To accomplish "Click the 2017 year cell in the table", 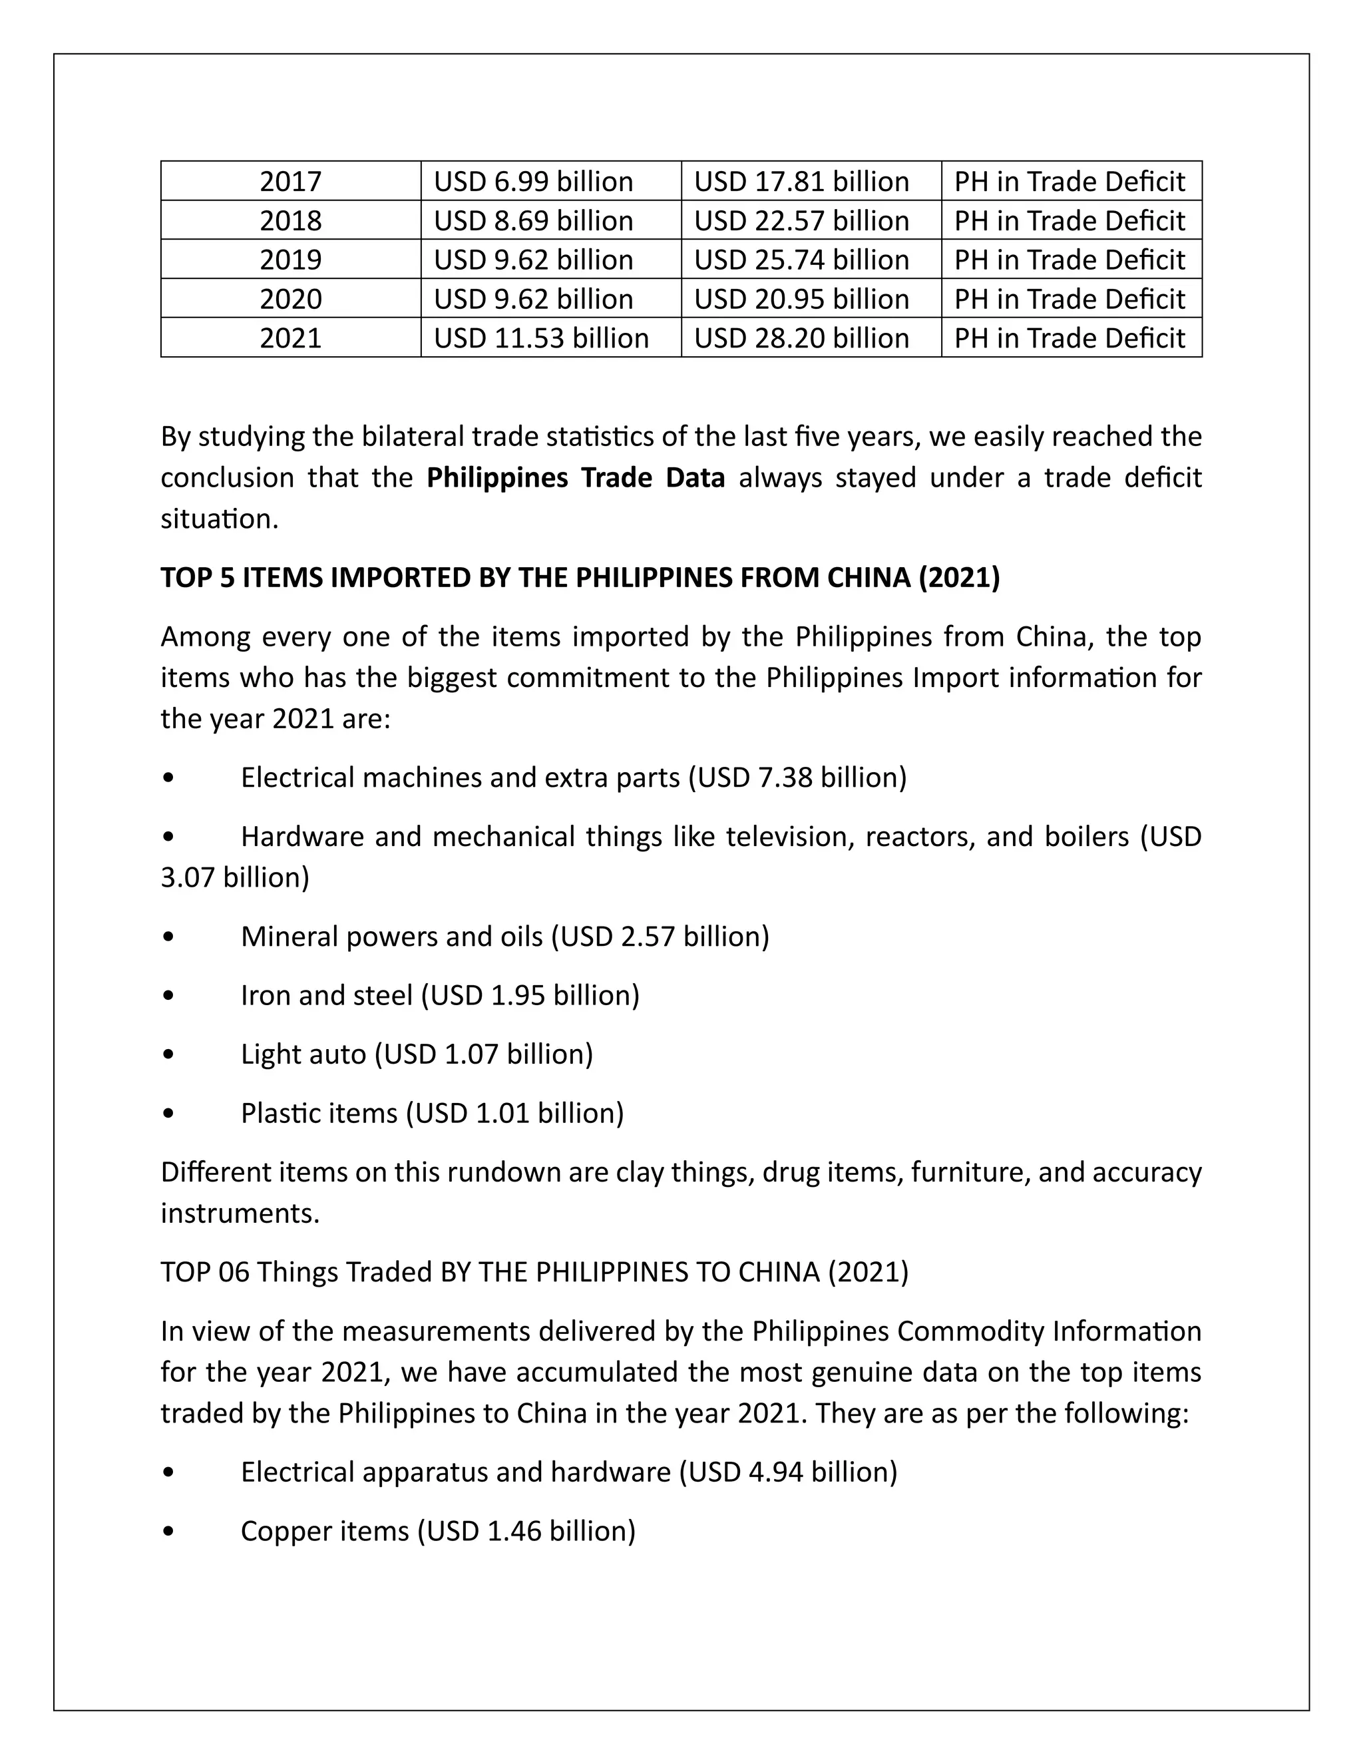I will [x=290, y=181].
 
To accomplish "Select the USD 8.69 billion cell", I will [x=533, y=220].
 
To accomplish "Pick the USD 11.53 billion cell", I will [x=541, y=337].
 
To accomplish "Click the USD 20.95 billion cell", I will [x=801, y=299].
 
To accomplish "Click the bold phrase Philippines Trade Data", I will [x=575, y=477].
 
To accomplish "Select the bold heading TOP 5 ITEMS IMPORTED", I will [x=580, y=578].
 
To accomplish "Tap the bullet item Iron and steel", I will [x=440, y=995].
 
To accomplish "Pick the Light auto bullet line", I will [x=417, y=1054].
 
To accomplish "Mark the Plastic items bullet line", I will [x=432, y=1113].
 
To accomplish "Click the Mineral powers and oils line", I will [x=504, y=936].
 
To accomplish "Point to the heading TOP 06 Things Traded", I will [x=534, y=1272].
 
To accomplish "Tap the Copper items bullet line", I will [x=438, y=1532].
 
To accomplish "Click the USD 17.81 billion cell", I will [x=801, y=181].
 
